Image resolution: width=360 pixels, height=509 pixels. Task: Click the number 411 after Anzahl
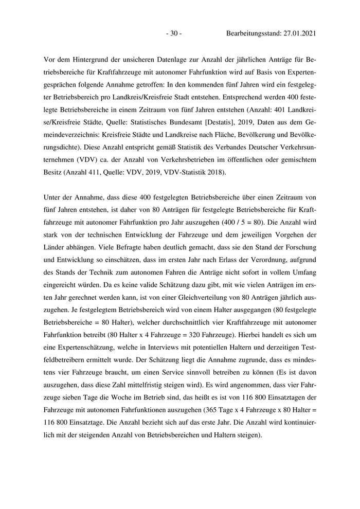click(101, 173)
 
